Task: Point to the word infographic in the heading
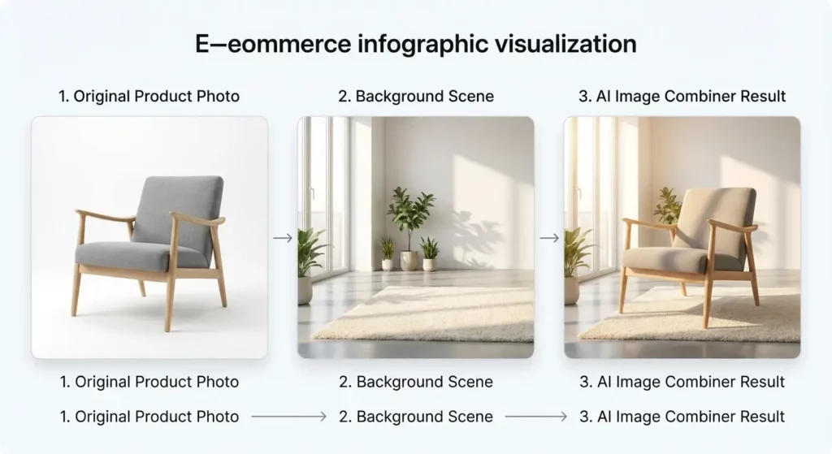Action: [417, 44]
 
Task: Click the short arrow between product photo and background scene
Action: [282, 238]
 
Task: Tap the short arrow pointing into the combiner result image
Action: [549, 238]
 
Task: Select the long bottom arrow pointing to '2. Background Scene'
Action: [288, 417]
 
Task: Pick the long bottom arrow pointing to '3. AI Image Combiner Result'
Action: [535, 417]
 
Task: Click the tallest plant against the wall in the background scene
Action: [410, 215]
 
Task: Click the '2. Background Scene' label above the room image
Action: [416, 96]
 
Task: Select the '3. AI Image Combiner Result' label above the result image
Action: [682, 96]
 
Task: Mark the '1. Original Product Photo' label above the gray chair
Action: [149, 96]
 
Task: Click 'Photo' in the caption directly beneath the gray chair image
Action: [218, 382]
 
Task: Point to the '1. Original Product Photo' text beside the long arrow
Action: [149, 417]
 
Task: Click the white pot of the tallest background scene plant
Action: [409, 261]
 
